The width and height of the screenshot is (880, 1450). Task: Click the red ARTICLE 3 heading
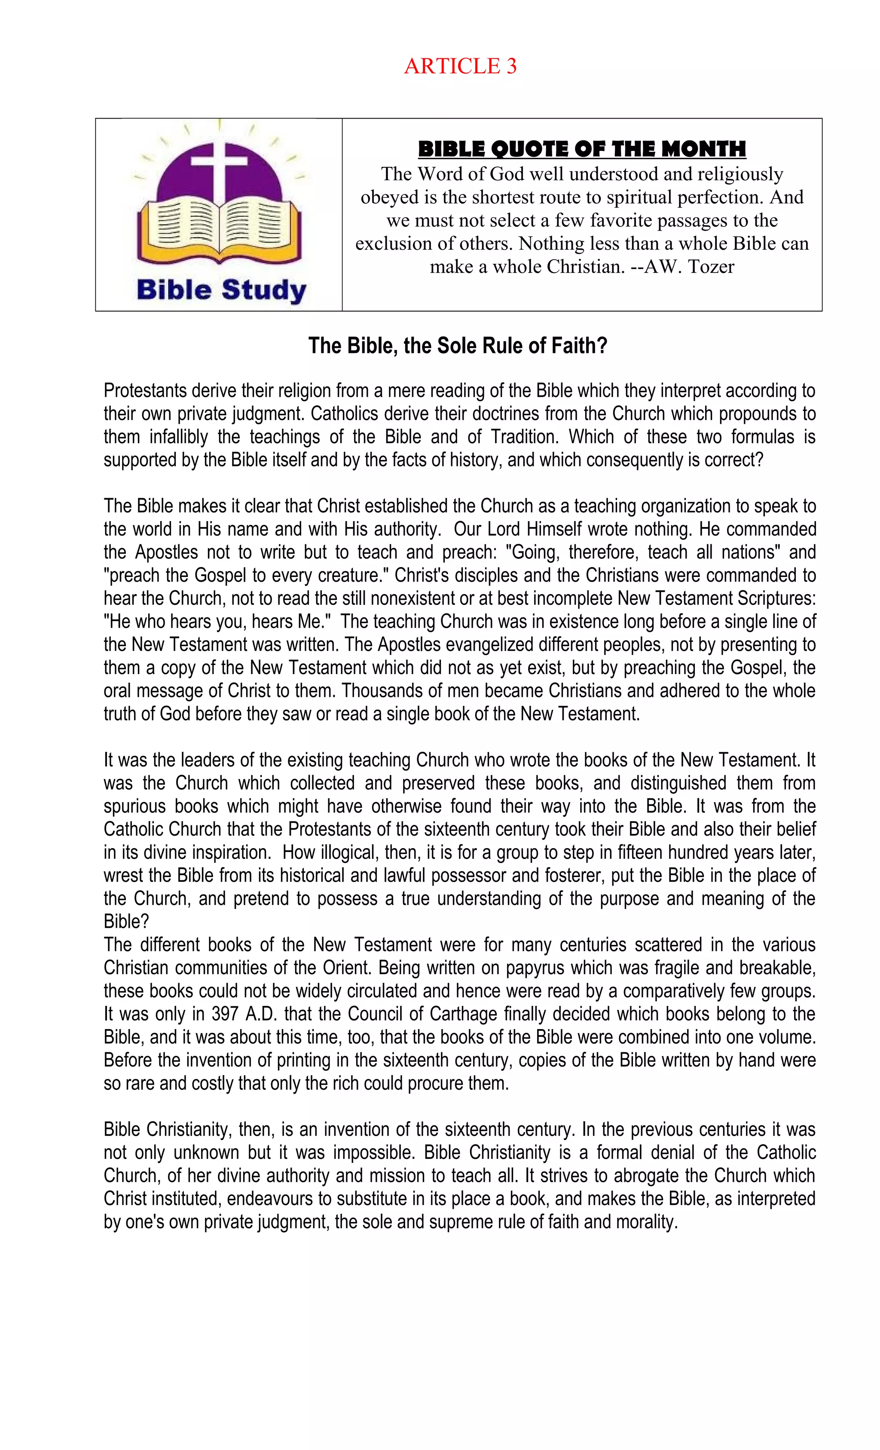click(x=460, y=66)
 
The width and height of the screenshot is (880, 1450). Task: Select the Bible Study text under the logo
click(x=221, y=290)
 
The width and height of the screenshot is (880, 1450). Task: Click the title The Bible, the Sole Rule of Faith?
click(x=457, y=346)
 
